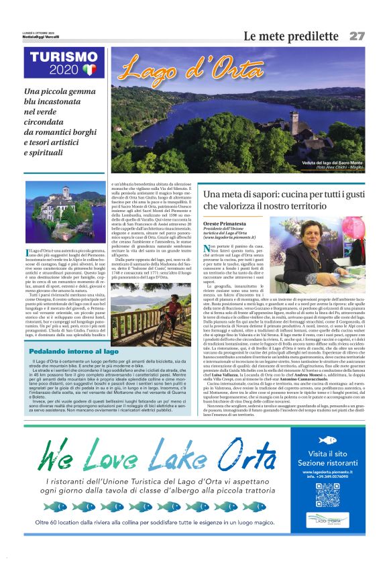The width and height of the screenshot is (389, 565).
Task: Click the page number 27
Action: click(x=356, y=36)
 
